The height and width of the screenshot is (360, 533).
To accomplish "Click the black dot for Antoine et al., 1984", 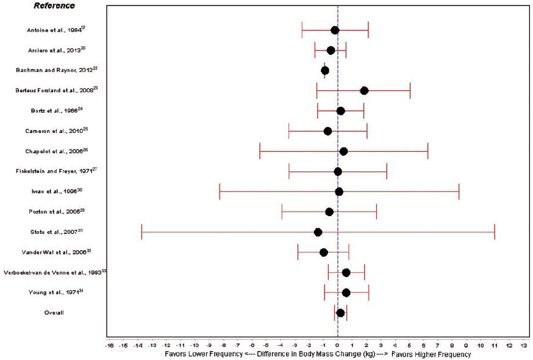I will click(335, 30).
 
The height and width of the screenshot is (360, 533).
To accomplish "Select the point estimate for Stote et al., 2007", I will click(318, 232).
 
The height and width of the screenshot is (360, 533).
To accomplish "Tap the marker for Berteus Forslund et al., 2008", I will click(364, 90).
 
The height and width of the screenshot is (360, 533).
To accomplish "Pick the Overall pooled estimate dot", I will click(340, 313).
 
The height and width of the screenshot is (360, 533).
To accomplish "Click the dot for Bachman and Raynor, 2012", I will click(325, 71).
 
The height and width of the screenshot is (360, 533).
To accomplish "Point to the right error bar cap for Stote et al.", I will click(495, 232).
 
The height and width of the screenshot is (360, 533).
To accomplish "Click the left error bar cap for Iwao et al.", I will click(220, 192).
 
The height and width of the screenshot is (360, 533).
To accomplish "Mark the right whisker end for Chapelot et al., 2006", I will click(428, 151).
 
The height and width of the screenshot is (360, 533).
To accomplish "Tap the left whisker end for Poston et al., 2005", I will click(282, 212).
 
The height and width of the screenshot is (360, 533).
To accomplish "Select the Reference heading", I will click(55, 6).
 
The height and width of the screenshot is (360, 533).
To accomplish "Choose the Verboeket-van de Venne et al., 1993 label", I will click(54, 273).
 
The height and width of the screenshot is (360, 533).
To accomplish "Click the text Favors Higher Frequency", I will click(431, 354).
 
